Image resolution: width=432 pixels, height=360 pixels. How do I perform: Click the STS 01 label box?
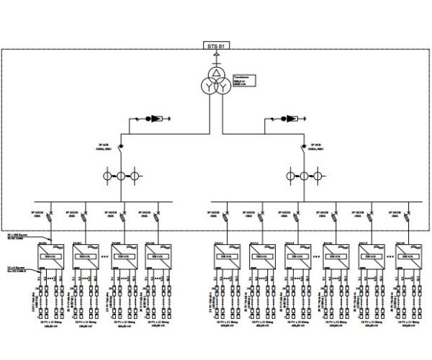click(216, 46)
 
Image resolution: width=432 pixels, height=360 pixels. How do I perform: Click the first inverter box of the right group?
click(227, 256)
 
